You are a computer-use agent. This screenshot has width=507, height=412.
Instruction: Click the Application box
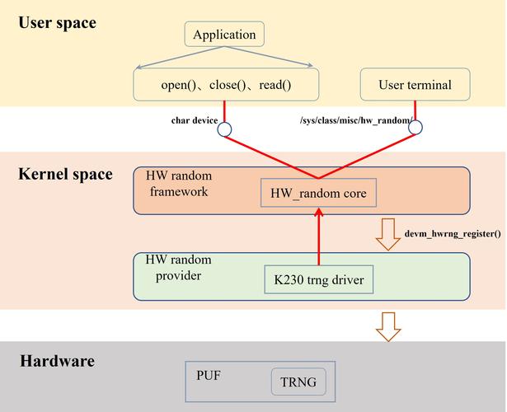[x=224, y=35]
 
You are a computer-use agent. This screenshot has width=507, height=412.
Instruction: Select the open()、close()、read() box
[x=226, y=85]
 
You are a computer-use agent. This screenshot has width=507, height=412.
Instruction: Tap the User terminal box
[x=415, y=85]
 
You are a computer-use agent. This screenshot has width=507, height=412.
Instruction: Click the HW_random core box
[x=318, y=194]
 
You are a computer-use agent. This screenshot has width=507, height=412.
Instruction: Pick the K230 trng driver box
[x=318, y=280]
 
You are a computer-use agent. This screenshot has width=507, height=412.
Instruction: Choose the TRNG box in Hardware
[x=298, y=382]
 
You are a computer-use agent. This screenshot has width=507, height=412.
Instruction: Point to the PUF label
[x=209, y=375]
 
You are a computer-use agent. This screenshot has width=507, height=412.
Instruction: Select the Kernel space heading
[x=65, y=174]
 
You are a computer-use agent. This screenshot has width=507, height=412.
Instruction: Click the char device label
[x=195, y=120]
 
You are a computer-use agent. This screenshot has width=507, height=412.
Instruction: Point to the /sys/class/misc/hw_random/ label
[x=356, y=120]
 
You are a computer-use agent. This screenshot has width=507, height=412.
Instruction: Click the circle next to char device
[x=224, y=129]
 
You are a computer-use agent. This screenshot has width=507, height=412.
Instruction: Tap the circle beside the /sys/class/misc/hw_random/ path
[x=415, y=127]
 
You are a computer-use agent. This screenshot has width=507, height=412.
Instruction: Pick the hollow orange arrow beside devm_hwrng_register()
[x=387, y=233]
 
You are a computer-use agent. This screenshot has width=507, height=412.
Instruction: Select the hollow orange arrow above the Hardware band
[x=387, y=325]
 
